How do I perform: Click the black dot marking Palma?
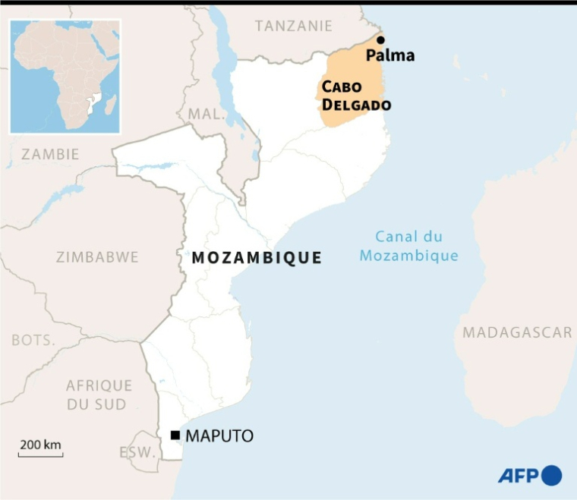click(380, 40)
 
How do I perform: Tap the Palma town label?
click(390, 55)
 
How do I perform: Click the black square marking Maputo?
click(175, 436)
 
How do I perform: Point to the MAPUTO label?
click(219, 436)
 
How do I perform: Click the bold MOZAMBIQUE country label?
click(257, 258)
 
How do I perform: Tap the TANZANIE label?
click(294, 26)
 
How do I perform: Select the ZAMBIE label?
click(49, 154)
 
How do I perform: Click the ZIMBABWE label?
click(97, 257)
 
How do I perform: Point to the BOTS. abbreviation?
click(33, 340)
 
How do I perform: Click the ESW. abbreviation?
click(137, 453)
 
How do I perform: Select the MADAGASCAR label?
click(518, 332)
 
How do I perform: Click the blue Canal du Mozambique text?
click(409, 247)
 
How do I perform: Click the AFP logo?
click(529, 476)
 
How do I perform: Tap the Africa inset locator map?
click(65, 77)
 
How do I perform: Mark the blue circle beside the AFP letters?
click(551, 476)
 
